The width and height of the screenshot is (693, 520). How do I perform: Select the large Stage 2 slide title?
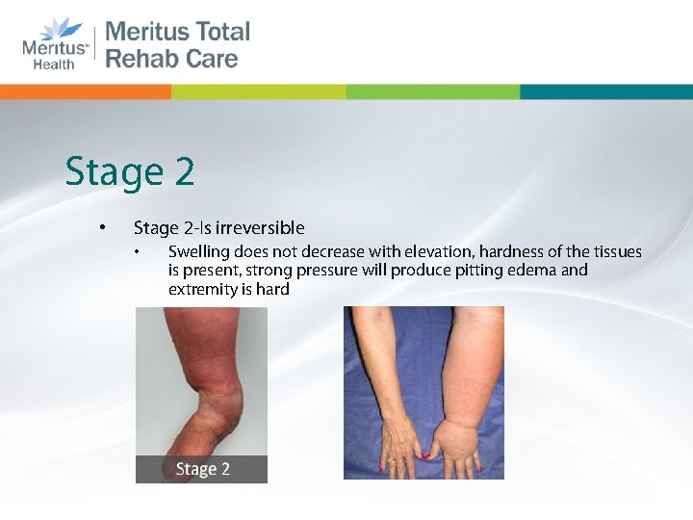coord(130,172)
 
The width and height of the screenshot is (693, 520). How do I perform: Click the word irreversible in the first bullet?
coord(259,228)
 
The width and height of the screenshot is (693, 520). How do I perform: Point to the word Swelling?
coord(197,252)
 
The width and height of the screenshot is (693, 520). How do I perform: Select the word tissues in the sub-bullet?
coord(616,252)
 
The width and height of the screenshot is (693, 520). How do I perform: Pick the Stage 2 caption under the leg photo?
coord(202,470)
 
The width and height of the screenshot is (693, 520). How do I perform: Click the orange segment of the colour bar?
coord(86,91)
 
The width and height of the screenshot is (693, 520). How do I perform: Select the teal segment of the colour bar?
coord(605,91)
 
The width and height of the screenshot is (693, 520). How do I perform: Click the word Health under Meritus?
coord(54,64)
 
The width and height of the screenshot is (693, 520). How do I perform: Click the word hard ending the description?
coord(272,289)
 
